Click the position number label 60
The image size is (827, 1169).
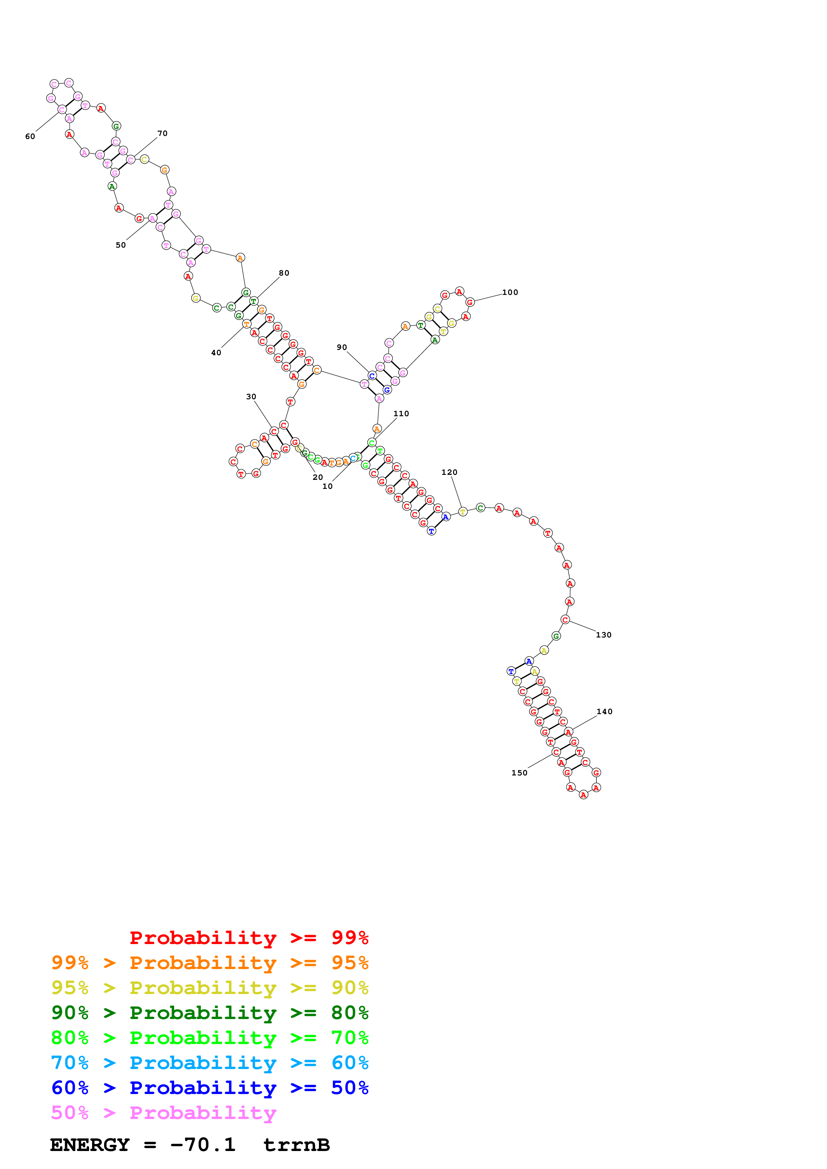30,136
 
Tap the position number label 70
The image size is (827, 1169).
162,133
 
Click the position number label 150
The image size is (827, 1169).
519,773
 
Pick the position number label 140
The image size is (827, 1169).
604,712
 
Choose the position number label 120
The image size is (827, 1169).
449,473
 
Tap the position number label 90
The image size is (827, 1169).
341,347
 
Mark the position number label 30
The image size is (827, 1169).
251,397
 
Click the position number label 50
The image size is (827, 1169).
120,245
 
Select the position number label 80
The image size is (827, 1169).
284,273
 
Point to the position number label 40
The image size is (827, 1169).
216,353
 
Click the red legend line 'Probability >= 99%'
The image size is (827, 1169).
249,937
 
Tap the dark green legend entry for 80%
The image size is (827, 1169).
210,1013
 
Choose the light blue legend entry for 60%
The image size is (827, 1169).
210,1063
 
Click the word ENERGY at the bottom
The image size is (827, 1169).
90,1145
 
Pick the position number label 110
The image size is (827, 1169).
401,414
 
